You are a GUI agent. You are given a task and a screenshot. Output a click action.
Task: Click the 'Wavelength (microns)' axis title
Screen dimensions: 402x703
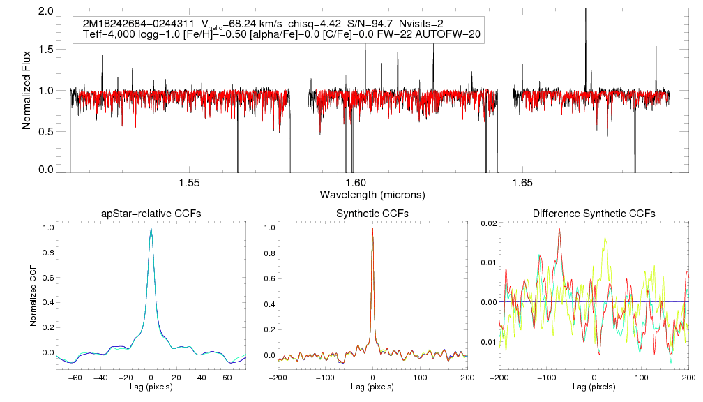372,193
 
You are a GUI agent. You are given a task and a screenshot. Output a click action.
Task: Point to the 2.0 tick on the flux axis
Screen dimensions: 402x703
46,12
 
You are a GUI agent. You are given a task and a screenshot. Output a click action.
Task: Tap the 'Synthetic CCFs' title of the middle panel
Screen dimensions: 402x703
372,213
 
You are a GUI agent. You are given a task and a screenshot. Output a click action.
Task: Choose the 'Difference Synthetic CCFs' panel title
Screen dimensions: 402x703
594,213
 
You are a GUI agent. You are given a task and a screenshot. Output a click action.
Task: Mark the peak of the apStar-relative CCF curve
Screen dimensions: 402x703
151,228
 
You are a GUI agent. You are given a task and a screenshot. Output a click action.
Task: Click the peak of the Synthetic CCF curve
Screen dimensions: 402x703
372,228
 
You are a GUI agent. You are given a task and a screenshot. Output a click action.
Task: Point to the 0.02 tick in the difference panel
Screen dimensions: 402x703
486,222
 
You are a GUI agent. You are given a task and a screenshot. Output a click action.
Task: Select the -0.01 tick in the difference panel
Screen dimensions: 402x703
484,342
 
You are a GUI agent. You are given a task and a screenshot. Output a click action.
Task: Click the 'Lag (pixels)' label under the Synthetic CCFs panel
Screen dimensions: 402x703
372,386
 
